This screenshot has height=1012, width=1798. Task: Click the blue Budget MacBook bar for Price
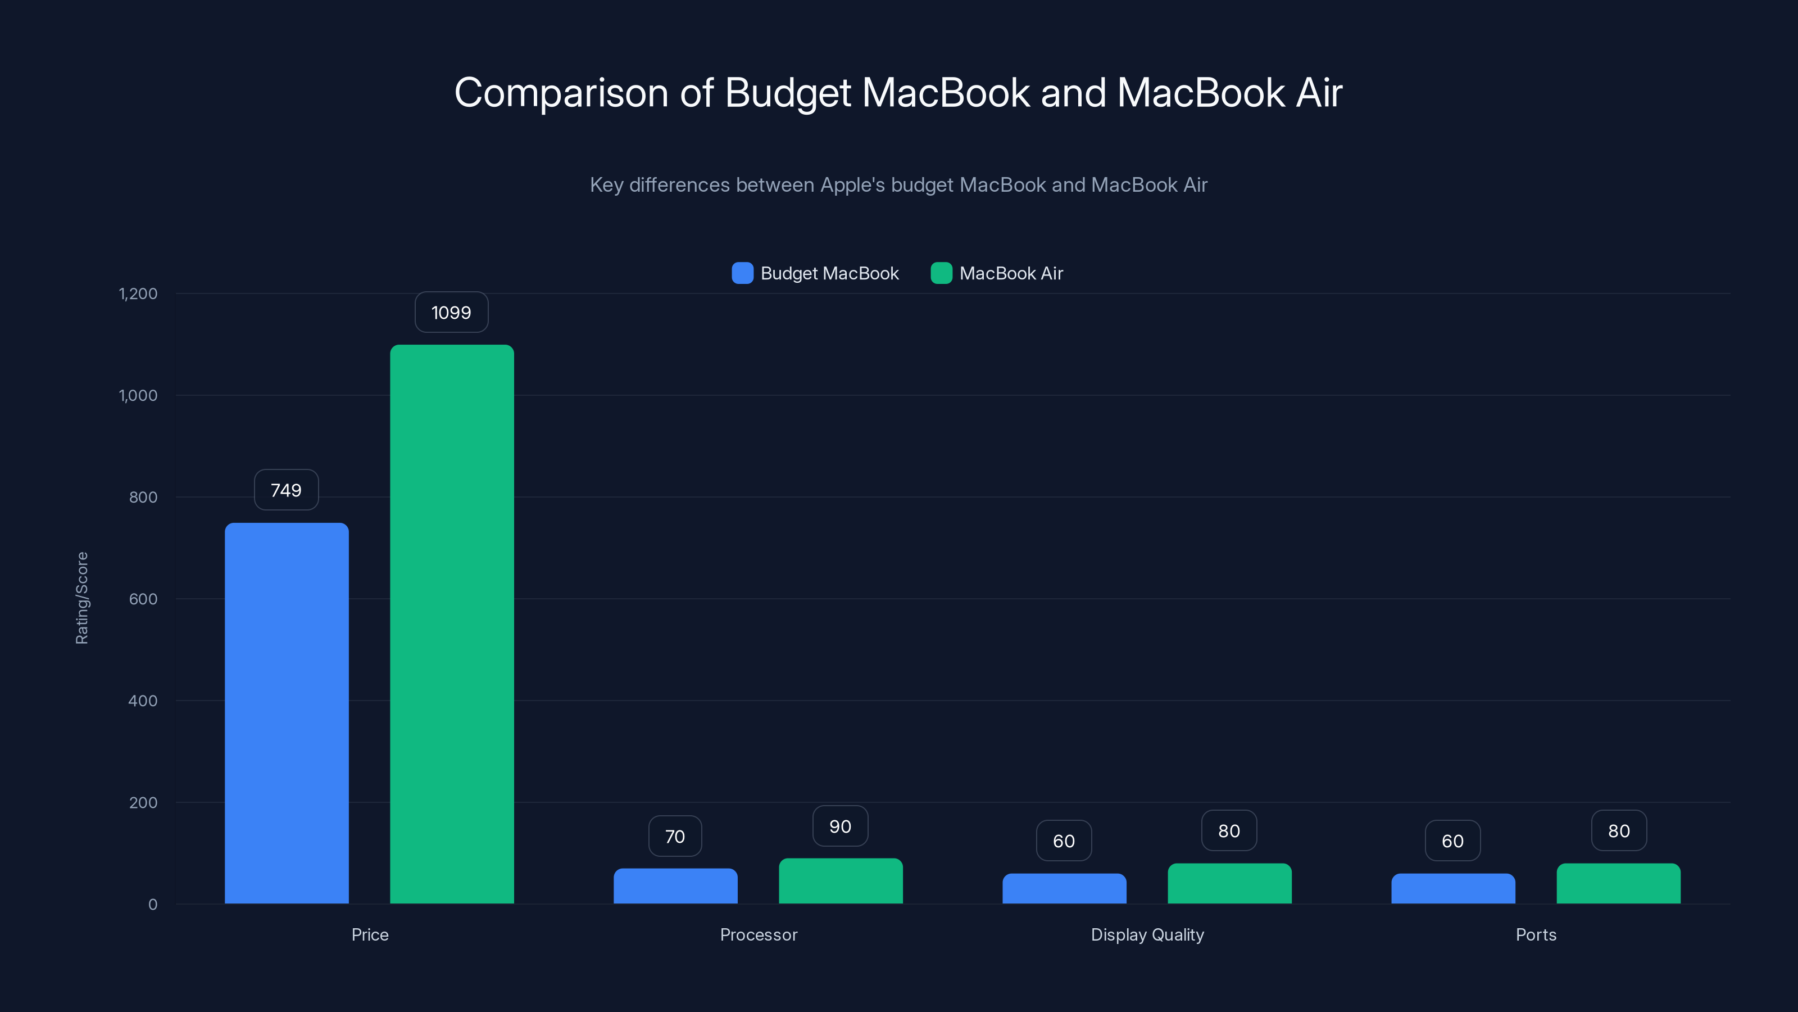click(x=286, y=712)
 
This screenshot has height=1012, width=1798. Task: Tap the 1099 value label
click(x=451, y=312)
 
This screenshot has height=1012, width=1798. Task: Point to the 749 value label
click(x=286, y=490)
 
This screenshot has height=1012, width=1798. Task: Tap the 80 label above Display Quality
click(x=1228, y=831)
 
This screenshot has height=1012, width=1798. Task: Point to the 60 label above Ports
click(x=1452, y=841)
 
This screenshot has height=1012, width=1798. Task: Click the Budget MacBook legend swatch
click(x=742, y=273)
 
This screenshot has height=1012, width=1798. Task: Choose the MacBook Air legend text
click(x=1011, y=273)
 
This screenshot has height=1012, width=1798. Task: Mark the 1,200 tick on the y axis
click(x=138, y=293)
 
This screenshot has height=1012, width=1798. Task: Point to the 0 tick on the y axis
click(x=153, y=905)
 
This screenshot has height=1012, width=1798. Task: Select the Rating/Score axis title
click(x=81, y=598)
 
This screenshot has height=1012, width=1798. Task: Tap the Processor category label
click(x=758, y=934)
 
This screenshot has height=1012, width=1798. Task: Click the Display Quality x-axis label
click(x=1147, y=934)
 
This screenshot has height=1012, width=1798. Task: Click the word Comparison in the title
click(x=561, y=93)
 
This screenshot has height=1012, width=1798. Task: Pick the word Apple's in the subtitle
click(x=852, y=185)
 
